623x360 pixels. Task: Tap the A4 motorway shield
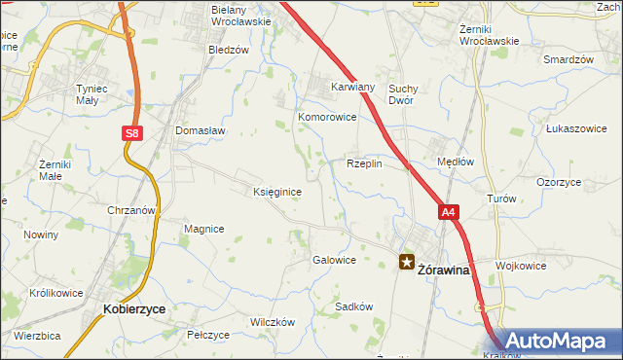click(448, 211)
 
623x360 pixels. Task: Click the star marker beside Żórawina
click(406, 261)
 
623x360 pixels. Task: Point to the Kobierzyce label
click(133, 308)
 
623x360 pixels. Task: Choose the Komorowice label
click(327, 118)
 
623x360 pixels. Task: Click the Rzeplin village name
click(364, 163)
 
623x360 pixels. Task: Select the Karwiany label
click(352, 86)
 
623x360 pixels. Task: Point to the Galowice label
click(333, 261)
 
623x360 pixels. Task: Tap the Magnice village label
click(203, 229)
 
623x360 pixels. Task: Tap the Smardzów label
click(569, 59)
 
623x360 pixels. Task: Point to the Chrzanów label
click(132, 210)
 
